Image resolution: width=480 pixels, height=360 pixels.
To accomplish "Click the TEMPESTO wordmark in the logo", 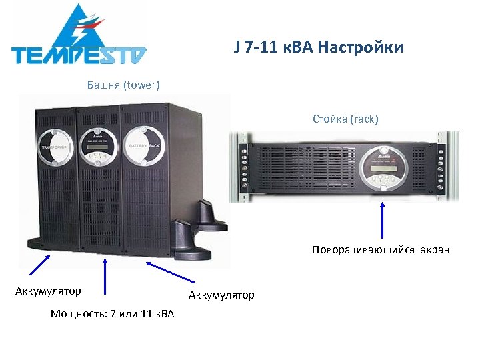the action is tap(79, 54).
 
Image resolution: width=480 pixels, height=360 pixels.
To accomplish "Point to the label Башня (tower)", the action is tap(123, 85).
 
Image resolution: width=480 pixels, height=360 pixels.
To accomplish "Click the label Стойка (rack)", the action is tap(345, 119).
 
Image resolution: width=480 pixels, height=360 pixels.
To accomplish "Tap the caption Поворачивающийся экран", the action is tap(380, 250).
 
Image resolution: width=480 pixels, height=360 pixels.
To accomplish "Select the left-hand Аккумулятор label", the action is tap(49, 291).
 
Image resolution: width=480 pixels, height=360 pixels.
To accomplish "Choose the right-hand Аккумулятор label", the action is tap(221, 295).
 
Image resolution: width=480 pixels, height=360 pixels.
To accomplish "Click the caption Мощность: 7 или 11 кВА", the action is tap(112, 313).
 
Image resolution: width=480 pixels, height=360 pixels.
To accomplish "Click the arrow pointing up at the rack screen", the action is tap(383, 220).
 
